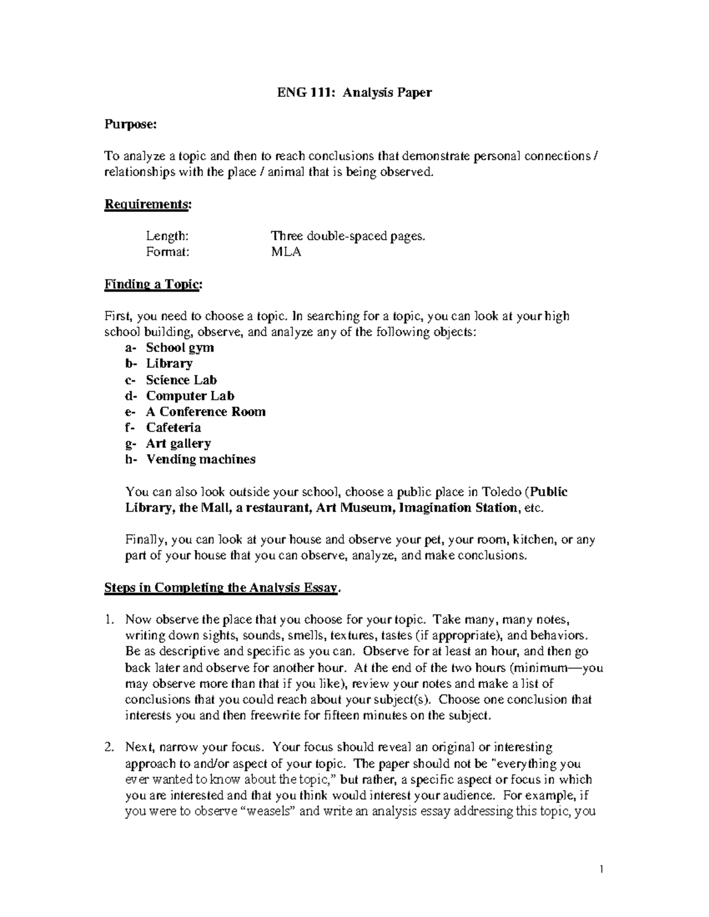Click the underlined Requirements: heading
tap(148, 204)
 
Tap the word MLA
tap(286, 252)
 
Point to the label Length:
tap(168, 236)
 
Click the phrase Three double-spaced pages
tap(348, 236)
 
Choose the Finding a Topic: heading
tap(153, 285)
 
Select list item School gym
tap(180, 348)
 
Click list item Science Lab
tap(181, 380)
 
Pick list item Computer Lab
tap(190, 396)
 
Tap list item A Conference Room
tap(206, 412)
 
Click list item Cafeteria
tap(174, 428)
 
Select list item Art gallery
tap(178, 443)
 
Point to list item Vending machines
tap(201, 459)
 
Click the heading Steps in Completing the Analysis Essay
tap(223, 588)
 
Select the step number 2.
tap(109, 748)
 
